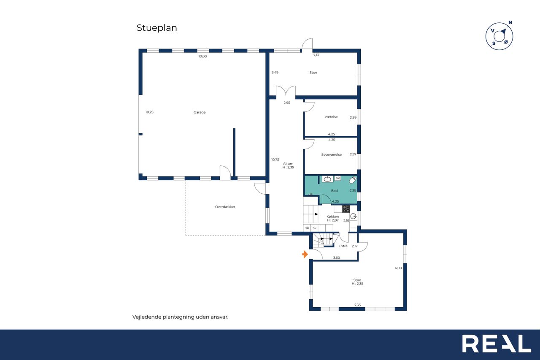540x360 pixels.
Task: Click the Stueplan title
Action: [x=157, y=28]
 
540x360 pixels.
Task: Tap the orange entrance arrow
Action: [x=305, y=254]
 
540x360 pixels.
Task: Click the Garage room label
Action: [x=200, y=112]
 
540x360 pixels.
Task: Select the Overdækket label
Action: [x=225, y=207]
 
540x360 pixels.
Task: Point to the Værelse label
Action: [x=331, y=117]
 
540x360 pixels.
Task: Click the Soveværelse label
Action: [x=331, y=154]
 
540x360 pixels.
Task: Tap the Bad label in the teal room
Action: [x=334, y=190]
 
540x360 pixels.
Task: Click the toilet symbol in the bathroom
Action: [x=353, y=180]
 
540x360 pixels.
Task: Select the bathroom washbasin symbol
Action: [x=327, y=179]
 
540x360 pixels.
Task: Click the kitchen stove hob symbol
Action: [x=346, y=209]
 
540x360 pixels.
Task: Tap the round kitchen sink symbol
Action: [x=354, y=216]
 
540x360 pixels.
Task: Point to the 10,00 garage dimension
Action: [x=202, y=56]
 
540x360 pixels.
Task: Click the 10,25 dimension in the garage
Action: [x=149, y=112]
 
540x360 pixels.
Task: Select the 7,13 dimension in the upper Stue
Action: [x=316, y=55]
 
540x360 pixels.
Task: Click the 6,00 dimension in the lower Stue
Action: [x=398, y=268]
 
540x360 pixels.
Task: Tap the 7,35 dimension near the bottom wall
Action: [x=357, y=305]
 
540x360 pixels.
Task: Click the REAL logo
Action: [x=497, y=344]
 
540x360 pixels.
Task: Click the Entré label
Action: [x=343, y=246]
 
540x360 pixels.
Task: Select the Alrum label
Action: [x=288, y=163]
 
